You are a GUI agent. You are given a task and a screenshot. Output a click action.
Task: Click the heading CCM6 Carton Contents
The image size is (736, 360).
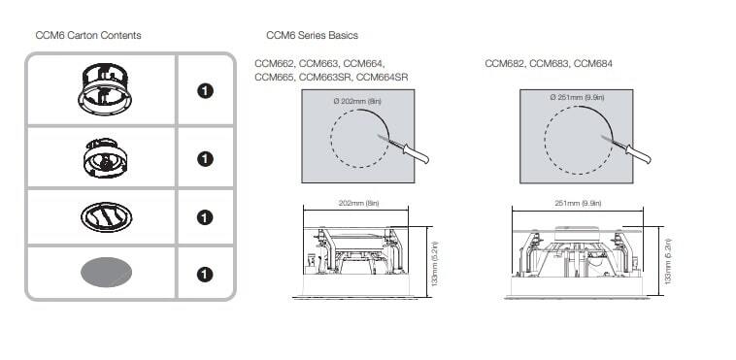pyautogui.click(x=88, y=35)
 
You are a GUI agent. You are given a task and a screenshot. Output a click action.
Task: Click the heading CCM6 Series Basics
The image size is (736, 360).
pyautogui.click(x=312, y=35)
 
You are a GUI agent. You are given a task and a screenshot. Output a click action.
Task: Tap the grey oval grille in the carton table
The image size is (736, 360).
pyautogui.click(x=106, y=273)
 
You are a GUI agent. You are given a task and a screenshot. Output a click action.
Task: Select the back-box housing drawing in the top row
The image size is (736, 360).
pyautogui.click(x=105, y=89)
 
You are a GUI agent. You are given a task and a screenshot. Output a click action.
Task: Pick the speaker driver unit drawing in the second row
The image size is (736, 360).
pyautogui.click(x=105, y=158)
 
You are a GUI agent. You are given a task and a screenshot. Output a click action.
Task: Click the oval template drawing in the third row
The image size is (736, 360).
pyautogui.click(x=106, y=217)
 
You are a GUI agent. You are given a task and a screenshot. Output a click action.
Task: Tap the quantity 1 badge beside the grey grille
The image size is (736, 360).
pyautogui.click(x=205, y=274)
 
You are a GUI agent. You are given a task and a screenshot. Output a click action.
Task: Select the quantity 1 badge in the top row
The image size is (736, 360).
pyautogui.click(x=205, y=91)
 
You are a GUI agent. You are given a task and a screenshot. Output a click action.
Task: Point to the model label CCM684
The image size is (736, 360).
pyautogui.click(x=593, y=63)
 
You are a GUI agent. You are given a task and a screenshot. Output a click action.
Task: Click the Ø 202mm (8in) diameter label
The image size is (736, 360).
pyautogui.click(x=357, y=101)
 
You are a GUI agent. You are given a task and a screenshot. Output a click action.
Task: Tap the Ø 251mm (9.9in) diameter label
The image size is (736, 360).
pyautogui.click(x=577, y=97)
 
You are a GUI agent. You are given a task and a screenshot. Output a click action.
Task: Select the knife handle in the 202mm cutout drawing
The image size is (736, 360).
pyautogui.click(x=415, y=154)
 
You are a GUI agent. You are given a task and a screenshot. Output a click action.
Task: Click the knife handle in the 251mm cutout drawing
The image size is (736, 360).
pyautogui.click(x=637, y=153)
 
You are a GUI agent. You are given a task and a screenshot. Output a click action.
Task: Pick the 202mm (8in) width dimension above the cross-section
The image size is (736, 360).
pyautogui.click(x=358, y=203)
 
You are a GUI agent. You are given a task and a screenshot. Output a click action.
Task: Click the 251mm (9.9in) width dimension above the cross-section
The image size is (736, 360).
pyautogui.click(x=578, y=203)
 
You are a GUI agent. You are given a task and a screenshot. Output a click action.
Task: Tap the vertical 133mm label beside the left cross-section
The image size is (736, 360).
pyautogui.click(x=435, y=264)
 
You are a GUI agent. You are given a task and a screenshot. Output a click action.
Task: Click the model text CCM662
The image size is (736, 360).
pyautogui.click(x=275, y=63)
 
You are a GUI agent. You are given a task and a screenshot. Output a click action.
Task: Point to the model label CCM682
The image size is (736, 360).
pyautogui.click(x=505, y=63)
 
